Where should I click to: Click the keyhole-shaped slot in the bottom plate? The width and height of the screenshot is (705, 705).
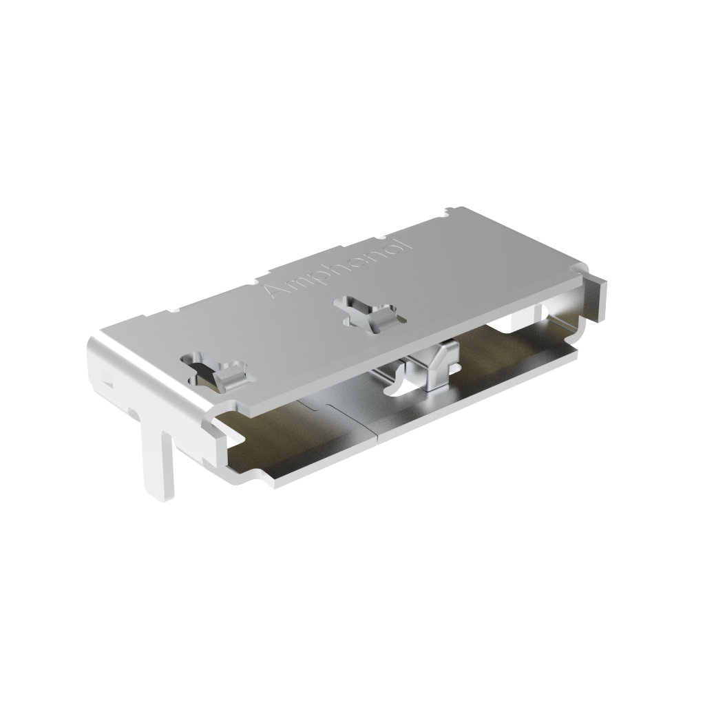pos(399,390)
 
